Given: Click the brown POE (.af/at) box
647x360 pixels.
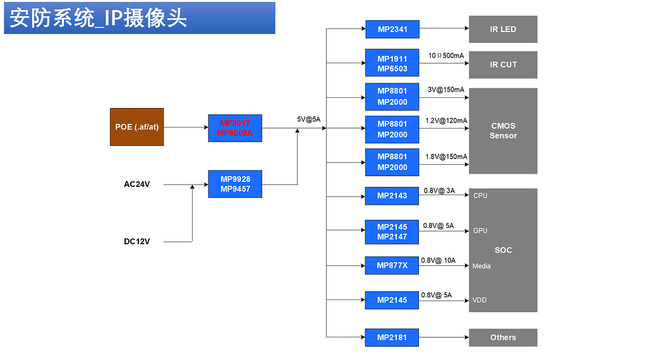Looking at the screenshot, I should coord(136,127).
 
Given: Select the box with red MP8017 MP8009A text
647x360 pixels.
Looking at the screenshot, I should coord(235,128).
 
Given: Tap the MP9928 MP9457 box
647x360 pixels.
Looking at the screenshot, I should coord(235,184).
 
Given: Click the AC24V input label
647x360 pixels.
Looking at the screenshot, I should coord(136,184).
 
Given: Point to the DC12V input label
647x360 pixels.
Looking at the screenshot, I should coord(136,241).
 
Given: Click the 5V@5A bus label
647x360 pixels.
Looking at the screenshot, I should coord(309,119).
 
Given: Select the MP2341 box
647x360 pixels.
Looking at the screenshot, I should coord(392,29).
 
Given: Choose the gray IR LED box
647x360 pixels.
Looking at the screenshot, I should coord(503,29).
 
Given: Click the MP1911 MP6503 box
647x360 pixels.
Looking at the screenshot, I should coord(392,64).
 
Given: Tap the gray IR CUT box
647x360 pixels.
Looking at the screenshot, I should coord(503,64).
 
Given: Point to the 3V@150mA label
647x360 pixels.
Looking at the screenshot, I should coord(445,90).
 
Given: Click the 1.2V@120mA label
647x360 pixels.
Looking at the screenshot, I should coord(446,121).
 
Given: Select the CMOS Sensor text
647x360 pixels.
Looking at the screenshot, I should coord(503,131).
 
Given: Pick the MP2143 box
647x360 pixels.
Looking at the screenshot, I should coord(392,196).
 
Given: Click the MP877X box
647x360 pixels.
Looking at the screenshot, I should coord(392,265).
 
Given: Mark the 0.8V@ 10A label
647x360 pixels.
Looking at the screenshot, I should coord(438,260).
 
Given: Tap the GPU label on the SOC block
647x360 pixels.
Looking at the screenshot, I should coord(480,231).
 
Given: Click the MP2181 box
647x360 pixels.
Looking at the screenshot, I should coord(392,337).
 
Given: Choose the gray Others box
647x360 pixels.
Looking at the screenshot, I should coord(503,337).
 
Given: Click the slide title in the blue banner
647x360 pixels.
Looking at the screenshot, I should coord(99,18).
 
